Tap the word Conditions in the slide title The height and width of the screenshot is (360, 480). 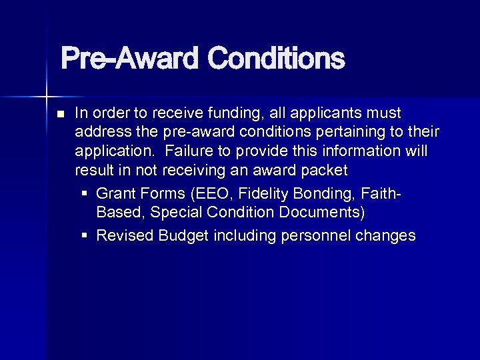click(275, 59)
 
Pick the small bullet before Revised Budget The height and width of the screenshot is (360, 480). click(84, 236)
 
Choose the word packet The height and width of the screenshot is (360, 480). click(325, 170)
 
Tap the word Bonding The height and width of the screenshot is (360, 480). click(331, 193)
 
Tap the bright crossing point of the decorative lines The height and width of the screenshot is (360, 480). click(46, 93)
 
